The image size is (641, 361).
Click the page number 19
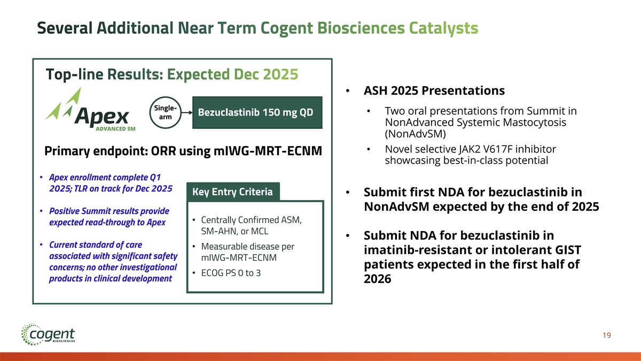(x=607, y=335)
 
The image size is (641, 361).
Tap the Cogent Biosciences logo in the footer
(x=48, y=334)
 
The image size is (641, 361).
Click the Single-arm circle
(x=166, y=112)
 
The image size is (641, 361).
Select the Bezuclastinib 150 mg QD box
(x=257, y=112)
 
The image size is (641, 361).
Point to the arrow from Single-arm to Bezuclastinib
(x=187, y=113)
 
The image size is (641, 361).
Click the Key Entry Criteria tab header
(x=233, y=191)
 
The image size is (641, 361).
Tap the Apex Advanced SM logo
(x=90, y=110)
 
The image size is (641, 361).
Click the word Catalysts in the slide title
(x=443, y=28)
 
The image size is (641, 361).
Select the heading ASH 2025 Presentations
(x=434, y=90)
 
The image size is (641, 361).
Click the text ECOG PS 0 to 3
(x=231, y=273)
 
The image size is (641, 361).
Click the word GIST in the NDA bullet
(x=568, y=250)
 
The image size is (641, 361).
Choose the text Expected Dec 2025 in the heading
(x=232, y=74)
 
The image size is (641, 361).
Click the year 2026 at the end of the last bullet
(x=378, y=279)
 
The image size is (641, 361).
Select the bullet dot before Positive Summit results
(x=41, y=211)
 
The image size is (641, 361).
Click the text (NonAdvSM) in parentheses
(x=415, y=134)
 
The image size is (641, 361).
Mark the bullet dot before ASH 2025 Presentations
(x=348, y=91)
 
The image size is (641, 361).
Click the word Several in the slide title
(x=65, y=28)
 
